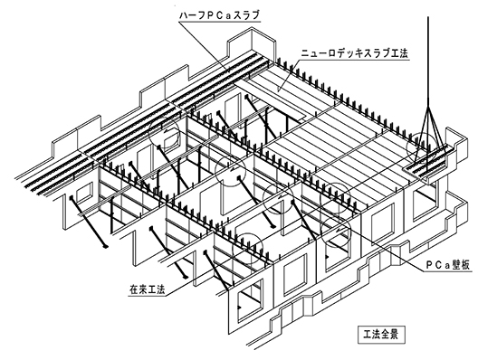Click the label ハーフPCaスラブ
(x=219, y=15)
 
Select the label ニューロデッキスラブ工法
(x=354, y=52)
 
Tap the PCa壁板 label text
(x=447, y=265)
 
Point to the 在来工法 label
(x=148, y=289)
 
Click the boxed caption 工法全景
(x=382, y=334)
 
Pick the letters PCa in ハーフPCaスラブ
(x=220, y=15)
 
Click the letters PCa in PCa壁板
(x=438, y=265)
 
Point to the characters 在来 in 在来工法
(x=139, y=289)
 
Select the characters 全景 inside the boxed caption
(x=391, y=334)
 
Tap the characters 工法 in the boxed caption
(x=373, y=334)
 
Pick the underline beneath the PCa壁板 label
(x=447, y=271)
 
